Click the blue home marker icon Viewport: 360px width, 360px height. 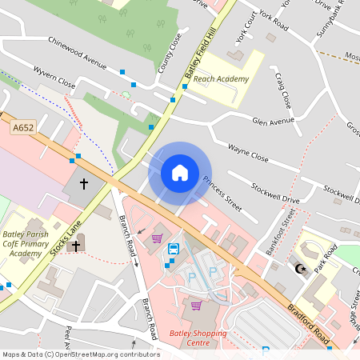(180, 172)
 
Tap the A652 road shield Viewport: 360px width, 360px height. (22, 127)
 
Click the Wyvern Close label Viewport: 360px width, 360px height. (54, 78)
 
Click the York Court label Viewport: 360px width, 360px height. (250, 30)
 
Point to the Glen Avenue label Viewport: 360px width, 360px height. (274, 122)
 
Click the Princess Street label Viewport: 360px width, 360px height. (222, 194)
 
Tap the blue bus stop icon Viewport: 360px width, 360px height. (173, 249)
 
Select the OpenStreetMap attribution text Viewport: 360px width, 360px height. (80, 354)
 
